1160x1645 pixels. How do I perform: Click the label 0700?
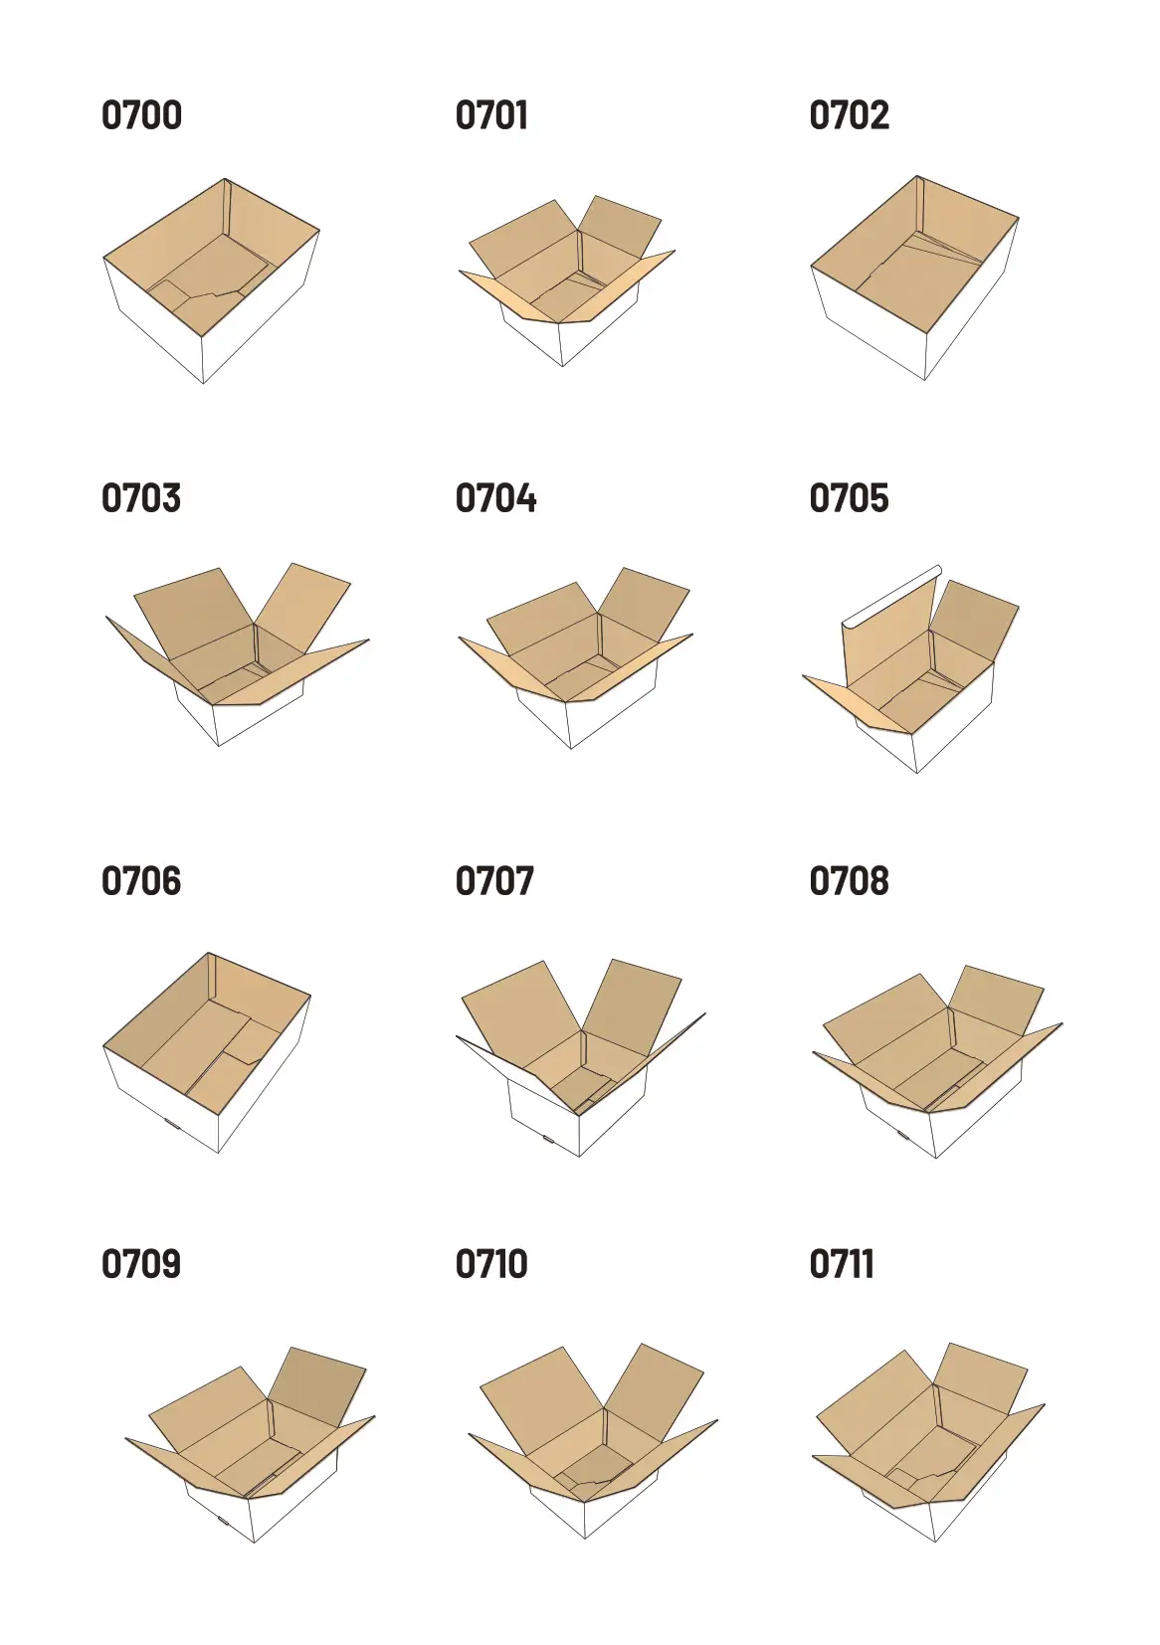(x=141, y=115)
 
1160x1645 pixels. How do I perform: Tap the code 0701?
(x=491, y=115)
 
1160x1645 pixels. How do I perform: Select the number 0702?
(x=849, y=115)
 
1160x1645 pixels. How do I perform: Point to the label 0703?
(x=141, y=498)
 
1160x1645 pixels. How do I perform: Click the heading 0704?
(x=495, y=498)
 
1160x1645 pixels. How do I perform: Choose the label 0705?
(x=849, y=498)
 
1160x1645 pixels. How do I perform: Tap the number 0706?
(x=141, y=881)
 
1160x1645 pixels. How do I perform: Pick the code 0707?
(x=494, y=881)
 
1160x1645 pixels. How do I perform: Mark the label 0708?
(x=849, y=881)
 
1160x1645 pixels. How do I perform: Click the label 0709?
(x=141, y=1264)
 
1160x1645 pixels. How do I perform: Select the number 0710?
(x=491, y=1264)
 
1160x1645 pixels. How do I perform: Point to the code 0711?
(x=842, y=1264)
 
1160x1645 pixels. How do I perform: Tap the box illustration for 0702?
(x=915, y=278)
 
